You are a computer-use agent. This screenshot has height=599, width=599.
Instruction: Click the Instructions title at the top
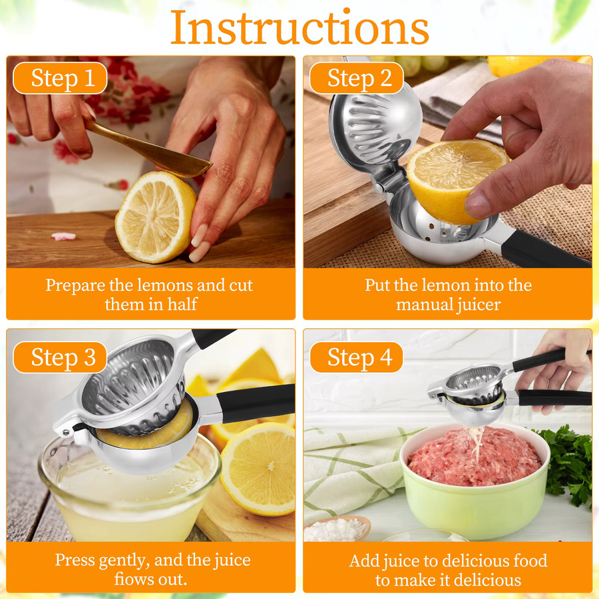(x=299, y=27)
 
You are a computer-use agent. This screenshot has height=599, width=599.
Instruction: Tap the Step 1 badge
(x=60, y=78)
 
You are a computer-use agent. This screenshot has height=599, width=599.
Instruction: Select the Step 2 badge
(x=357, y=78)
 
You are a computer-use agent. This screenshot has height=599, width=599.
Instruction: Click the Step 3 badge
(x=60, y=357)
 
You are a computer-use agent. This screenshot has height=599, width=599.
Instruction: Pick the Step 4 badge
(x=357, y=357)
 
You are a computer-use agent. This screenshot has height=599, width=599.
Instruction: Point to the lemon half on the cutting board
(x=156, y=217)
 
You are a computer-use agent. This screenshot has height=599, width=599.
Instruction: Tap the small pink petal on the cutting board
(x=63, y=236)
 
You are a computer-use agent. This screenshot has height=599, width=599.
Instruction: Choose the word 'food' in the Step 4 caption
(x=530, y=561)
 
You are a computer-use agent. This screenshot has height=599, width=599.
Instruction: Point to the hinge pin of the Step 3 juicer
(x=66, y=432)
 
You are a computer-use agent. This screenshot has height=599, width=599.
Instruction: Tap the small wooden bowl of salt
(x=337, y=528)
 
